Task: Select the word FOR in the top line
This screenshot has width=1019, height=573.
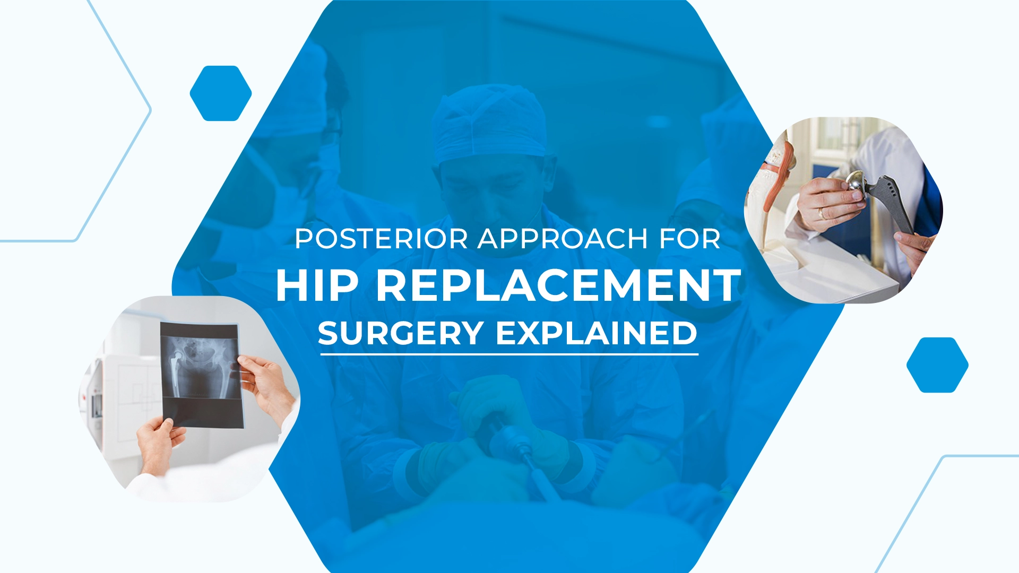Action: tap(689, 239)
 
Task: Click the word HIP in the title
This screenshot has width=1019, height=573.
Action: tap(317, 285)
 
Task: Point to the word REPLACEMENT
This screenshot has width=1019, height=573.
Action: tap(558, 285)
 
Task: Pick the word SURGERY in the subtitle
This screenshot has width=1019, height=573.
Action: tap(401, 333)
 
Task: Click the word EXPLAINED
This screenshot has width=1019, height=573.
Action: tap(596, 333)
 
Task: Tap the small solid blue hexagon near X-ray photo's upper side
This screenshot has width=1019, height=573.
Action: tap(221, 93)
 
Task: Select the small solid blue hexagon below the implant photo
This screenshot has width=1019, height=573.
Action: tap(937, 365)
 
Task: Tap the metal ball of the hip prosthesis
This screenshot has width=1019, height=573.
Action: tap(856, 182)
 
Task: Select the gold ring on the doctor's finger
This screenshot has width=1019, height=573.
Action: tap(821, 213)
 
